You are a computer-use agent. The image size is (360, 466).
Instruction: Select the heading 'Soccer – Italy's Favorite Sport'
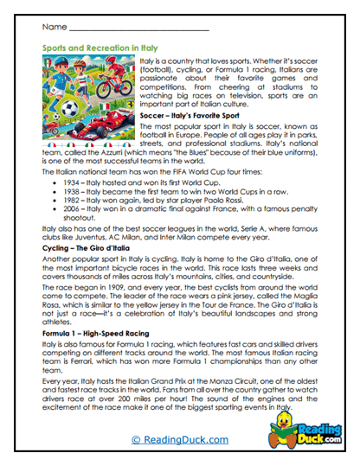coord(191,114)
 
